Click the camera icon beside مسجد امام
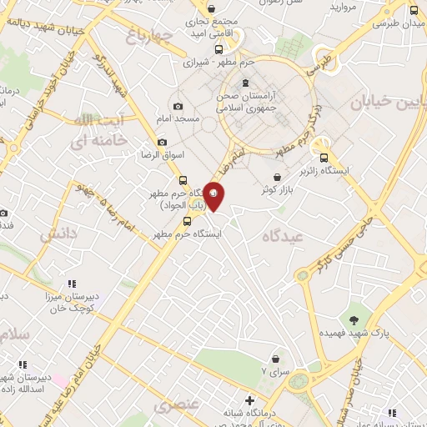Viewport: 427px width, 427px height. [x=178, y=106]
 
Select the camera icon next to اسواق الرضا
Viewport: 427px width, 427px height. [x=162, y=143]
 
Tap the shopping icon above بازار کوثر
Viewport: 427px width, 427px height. [x=276, y=176]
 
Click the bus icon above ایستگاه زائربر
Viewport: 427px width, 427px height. [x=324, y=155]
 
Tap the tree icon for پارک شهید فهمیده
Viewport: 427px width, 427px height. [x=356, y=319]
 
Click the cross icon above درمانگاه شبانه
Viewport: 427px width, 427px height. [x=249, y=402]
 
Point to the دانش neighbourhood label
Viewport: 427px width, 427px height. [x=56, y=234]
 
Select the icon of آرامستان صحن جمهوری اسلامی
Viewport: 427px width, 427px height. [x=245, y=83]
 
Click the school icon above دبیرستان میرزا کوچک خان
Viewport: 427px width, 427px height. [x=72, y=284]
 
